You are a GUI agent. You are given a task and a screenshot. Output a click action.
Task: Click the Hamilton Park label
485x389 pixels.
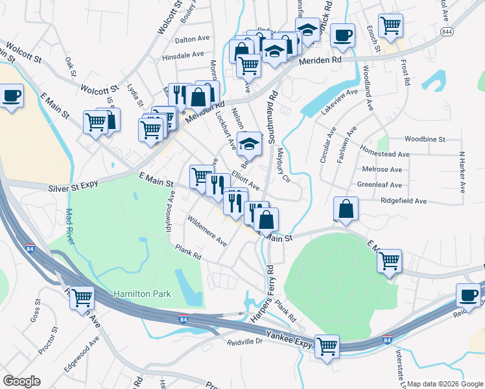[142, 294]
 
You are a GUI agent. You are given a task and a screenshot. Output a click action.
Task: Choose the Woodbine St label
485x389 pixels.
[425, 139]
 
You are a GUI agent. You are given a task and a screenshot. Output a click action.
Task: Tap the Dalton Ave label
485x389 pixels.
[189, 39]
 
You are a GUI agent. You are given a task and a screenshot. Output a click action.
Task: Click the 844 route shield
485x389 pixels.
[446, 31]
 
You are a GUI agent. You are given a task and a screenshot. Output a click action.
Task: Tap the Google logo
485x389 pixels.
[21, 381]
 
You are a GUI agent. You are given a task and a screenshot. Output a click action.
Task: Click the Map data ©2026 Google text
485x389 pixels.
[444, 384]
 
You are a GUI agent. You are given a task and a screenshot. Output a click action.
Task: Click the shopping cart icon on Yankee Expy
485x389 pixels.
[327, 345]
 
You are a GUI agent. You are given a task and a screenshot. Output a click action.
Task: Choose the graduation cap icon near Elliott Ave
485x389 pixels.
[248, 144]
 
